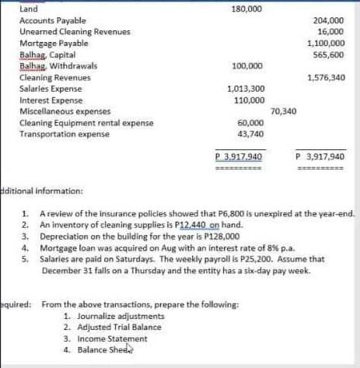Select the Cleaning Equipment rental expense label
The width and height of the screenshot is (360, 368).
86,123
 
